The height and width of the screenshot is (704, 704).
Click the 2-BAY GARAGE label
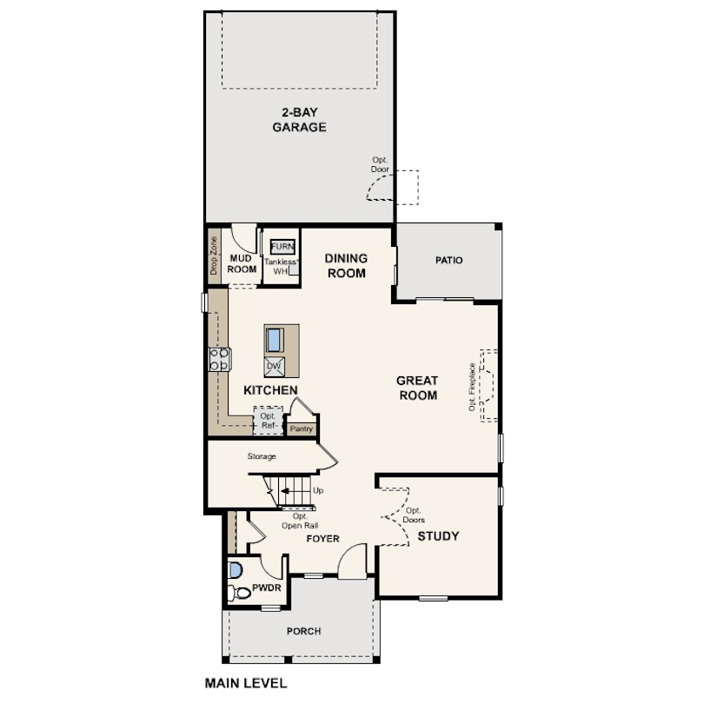[300, 120]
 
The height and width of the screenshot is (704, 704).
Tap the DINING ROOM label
[346, 265]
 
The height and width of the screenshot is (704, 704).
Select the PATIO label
[449, 261]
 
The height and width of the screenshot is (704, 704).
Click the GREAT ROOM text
[417, 388]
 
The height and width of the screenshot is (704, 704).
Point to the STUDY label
[438, 536]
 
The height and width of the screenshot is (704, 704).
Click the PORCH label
[304, 631]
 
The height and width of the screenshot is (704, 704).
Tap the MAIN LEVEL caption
[246, 683]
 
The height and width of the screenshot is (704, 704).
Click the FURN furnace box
[282, 247]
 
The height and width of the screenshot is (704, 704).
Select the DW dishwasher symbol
[274, 367]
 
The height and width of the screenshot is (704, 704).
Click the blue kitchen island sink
[274, 340]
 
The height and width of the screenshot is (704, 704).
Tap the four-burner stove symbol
[220, 359]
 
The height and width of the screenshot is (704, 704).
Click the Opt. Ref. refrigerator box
[268, 421]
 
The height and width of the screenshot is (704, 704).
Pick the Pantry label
[302, 428]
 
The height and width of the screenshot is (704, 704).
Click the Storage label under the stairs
[262, 456]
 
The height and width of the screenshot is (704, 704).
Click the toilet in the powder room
[239, 593]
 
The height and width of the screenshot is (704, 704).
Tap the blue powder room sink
[236, 570]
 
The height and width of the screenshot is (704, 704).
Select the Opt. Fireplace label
[472, 387]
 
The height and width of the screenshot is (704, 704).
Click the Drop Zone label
[214, 256]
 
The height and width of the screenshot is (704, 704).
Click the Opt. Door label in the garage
[380, 165]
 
